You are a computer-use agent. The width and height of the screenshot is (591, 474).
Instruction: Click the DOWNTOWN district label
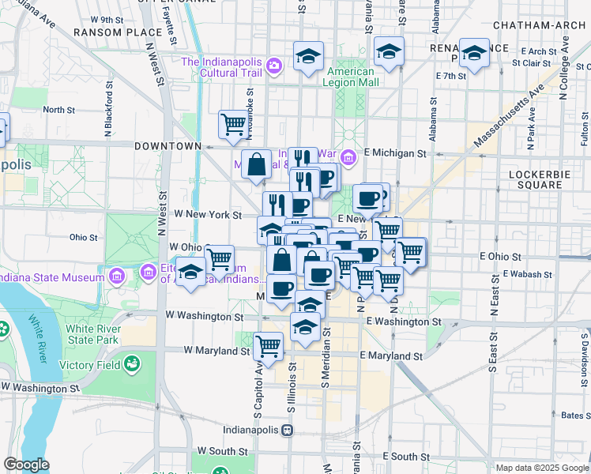[168, 146]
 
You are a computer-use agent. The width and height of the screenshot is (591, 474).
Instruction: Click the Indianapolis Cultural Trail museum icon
[274, 65]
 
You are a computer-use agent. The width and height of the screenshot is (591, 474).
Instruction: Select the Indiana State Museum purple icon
[117, 277]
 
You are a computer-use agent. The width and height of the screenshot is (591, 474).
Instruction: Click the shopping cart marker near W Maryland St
[269, 345]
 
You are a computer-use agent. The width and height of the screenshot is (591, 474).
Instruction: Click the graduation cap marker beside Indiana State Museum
[190, 273]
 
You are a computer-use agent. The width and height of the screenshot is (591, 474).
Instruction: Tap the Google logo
[26, 465]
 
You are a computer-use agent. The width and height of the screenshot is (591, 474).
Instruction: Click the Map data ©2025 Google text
[542, 468]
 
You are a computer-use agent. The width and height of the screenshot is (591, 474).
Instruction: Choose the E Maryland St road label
[390, 356]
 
